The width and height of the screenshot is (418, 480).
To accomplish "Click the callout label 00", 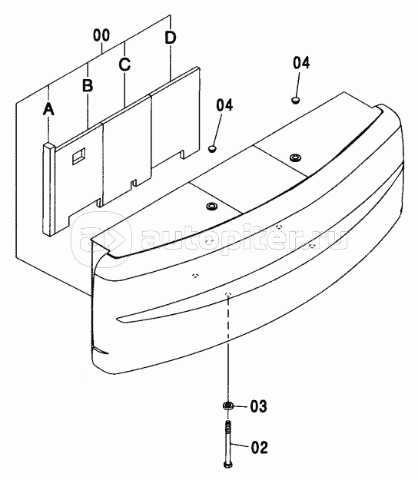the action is coord(101,35).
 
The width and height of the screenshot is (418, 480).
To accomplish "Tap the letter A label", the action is coord(48,109).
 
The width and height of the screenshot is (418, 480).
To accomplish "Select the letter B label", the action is coord(88,85).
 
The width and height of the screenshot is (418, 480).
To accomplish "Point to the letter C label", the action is coord(124,65).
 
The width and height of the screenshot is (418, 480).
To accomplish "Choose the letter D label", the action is coord(171,38).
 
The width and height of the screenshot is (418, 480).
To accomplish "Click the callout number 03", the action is coord(258,406).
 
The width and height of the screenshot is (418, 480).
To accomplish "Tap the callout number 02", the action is coord(260,447).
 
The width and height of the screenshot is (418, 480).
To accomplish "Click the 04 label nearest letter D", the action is coord(224,105).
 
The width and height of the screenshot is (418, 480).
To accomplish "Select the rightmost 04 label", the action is coord(301,63).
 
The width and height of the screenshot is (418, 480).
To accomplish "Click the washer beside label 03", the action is coord(228,406).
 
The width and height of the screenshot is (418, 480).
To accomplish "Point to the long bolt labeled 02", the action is coord(228,444).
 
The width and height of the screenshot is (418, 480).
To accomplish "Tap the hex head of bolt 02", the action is coord(228,465).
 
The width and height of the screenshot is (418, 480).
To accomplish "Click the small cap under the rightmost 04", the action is coord(296,100).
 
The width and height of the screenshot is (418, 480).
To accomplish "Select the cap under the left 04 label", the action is coord(212,148).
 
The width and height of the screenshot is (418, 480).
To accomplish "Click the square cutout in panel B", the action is coord(78,156).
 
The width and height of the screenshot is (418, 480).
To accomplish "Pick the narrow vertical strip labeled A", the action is coord(48,189).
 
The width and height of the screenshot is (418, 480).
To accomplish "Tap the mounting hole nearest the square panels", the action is coord(211,207).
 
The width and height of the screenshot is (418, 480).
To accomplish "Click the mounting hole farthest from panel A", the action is coord(296,158).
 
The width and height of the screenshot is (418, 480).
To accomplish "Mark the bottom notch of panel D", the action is coord(182,154).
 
